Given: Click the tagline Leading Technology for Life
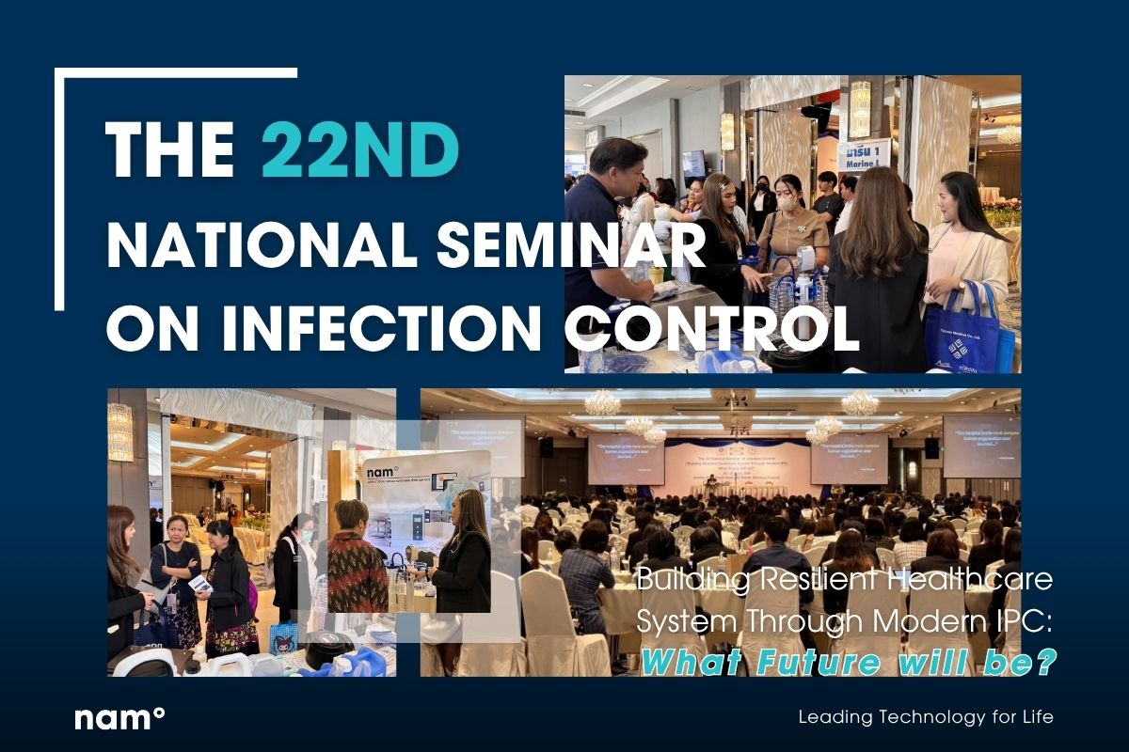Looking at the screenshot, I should click(x=926, y=717).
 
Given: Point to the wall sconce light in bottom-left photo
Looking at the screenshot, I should click(x=120, y=431).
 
